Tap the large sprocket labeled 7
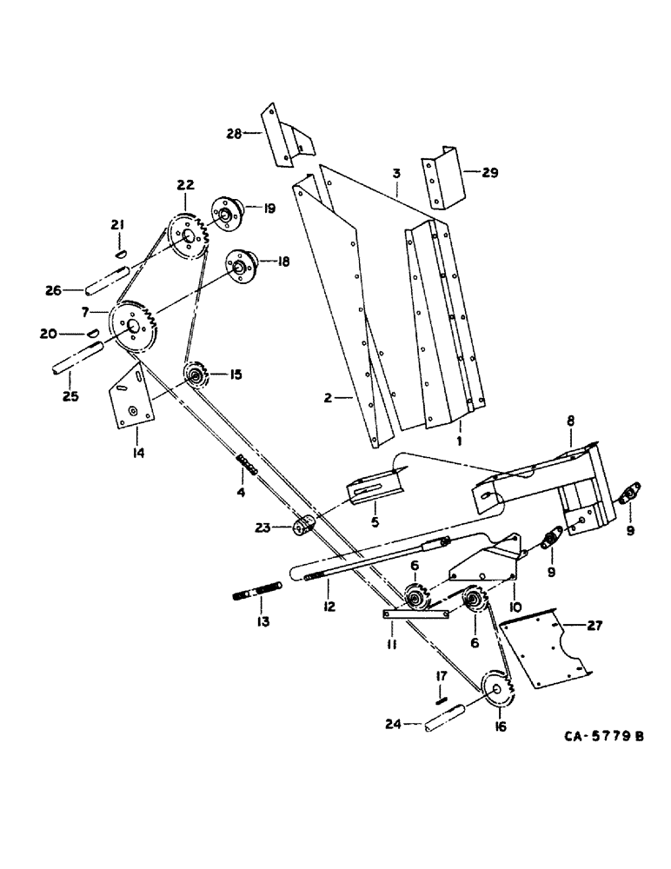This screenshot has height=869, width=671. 133,327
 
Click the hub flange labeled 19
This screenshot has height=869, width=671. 223,213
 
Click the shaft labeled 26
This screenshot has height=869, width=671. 109,282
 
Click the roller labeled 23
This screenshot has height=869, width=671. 304,526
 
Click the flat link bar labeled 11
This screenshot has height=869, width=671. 415,614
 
